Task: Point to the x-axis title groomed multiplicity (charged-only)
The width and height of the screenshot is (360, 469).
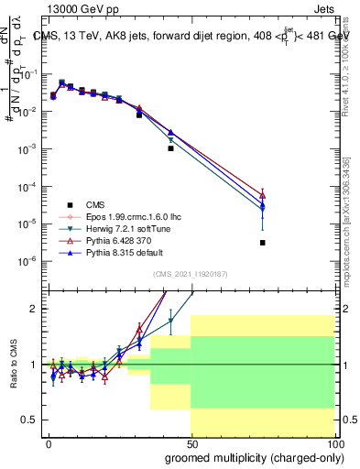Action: pyautogui.click(x=251, y=455)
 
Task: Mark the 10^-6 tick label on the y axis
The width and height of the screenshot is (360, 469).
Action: pyautogui.click(x=27, y=261)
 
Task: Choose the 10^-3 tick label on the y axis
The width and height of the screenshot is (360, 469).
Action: pyautogui.click(x=27, y=148)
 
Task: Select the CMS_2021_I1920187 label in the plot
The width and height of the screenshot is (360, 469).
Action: pyautogui.click(x=190, y=274)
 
